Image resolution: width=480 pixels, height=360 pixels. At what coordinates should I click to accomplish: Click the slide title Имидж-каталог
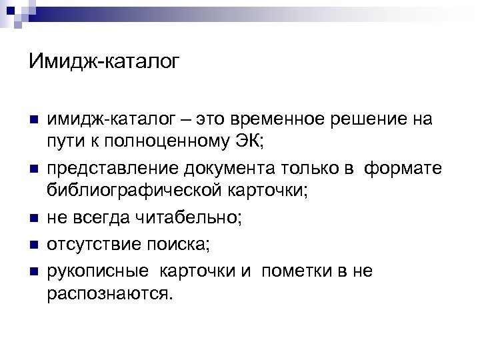[x=104, y=62]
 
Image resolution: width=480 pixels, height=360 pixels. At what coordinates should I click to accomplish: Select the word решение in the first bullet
[x=375, y=120]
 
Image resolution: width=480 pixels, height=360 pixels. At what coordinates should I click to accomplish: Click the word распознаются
[x=109, y=293]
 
